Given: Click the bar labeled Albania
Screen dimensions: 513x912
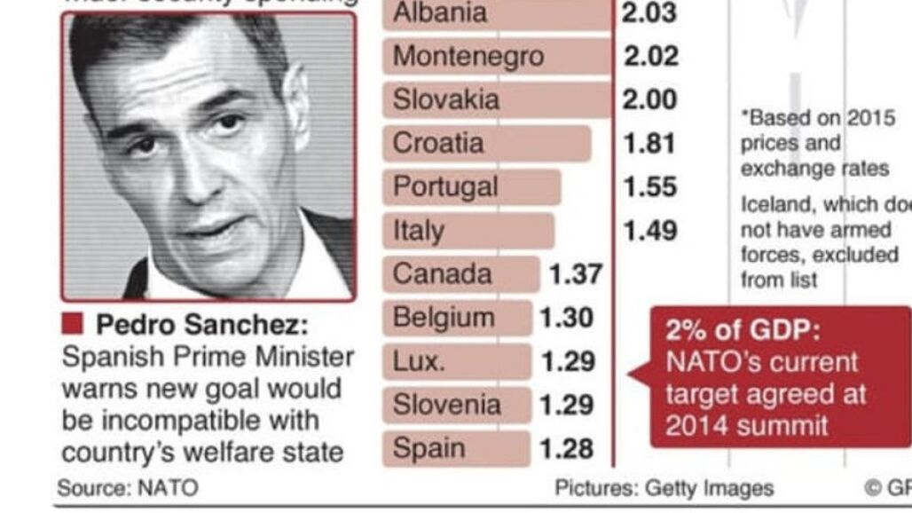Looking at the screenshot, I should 497,13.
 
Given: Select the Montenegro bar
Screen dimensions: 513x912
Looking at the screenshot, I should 497,57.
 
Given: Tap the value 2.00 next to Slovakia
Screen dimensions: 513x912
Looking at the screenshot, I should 649,99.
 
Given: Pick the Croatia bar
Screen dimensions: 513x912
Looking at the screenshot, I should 487,143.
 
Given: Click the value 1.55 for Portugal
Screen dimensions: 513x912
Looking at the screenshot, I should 649,186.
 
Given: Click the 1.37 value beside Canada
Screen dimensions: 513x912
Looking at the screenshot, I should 576,274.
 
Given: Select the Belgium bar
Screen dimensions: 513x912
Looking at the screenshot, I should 458,318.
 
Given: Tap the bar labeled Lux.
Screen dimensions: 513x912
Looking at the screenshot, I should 457,361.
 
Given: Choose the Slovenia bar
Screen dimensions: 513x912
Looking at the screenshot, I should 457,405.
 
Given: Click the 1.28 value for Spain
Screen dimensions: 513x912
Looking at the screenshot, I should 567,449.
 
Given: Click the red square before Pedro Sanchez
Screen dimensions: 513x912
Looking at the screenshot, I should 73,323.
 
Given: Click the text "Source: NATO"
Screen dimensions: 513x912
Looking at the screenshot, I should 128,488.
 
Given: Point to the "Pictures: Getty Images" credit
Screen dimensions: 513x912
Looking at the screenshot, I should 664,488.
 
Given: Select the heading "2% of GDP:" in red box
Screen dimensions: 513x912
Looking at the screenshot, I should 743,331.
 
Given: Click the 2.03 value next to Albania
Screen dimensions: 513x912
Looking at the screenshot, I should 649,13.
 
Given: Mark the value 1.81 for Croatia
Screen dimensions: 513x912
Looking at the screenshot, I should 649,143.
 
